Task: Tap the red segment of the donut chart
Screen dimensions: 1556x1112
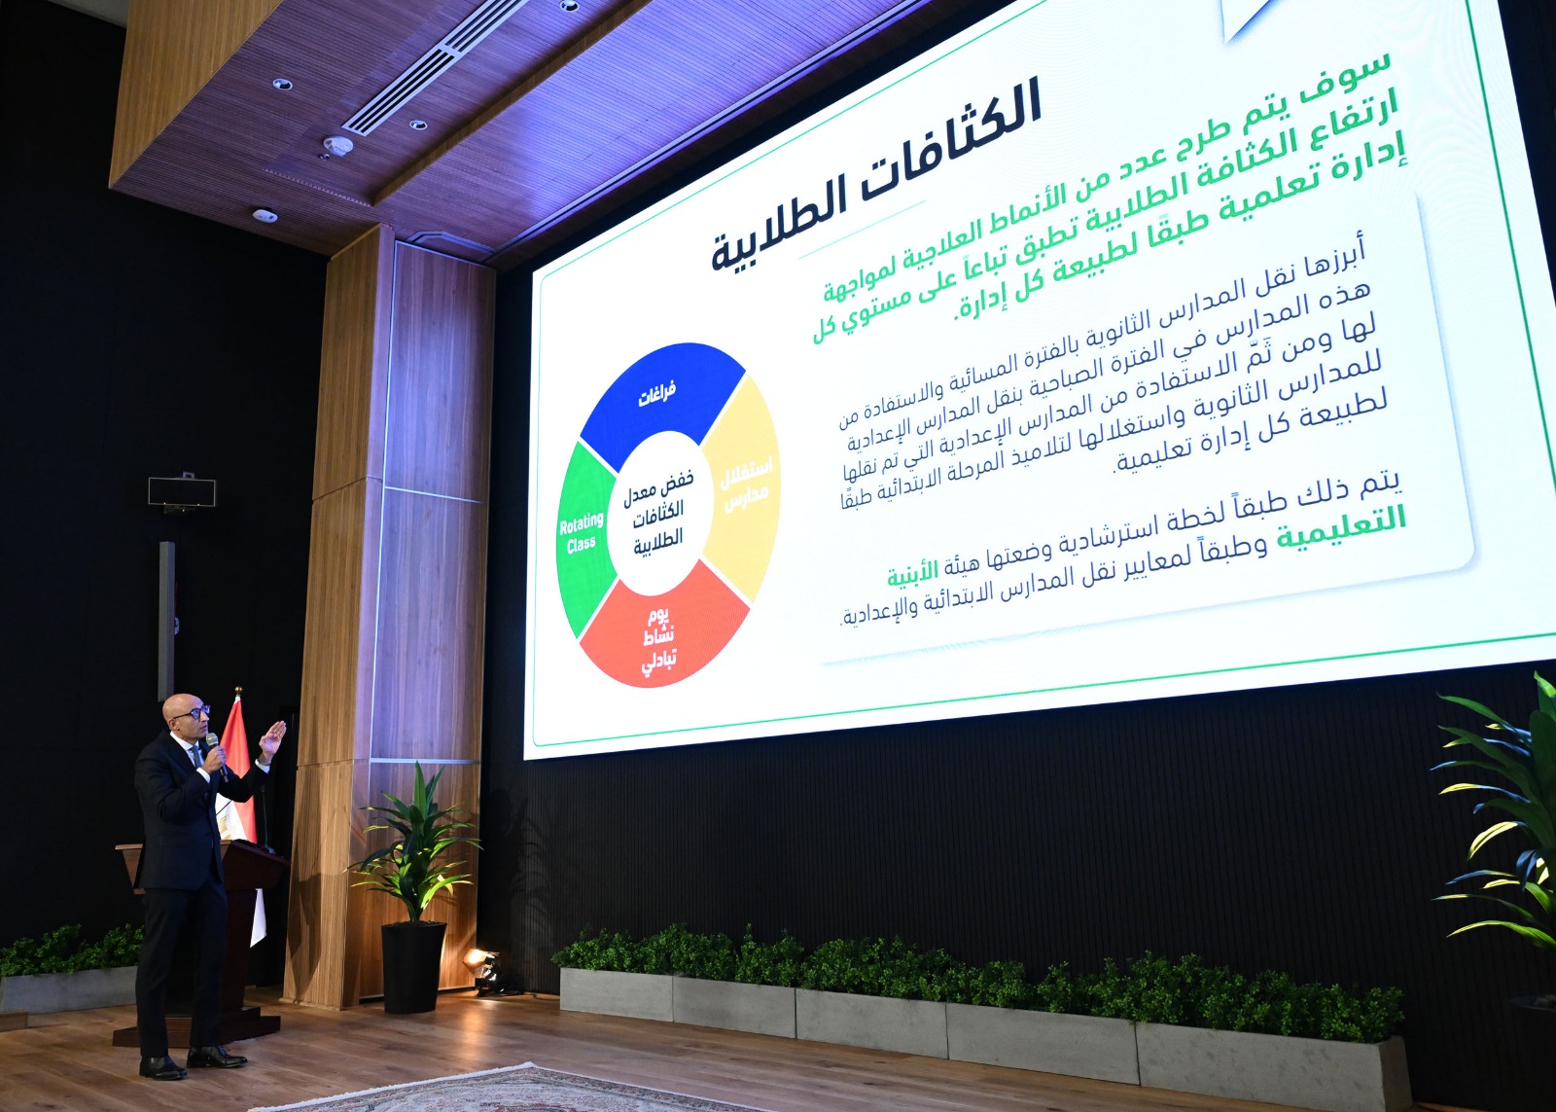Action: point(663,632)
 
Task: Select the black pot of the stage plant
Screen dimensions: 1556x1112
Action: point(413,967)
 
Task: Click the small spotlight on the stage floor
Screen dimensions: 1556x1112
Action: point(482,965)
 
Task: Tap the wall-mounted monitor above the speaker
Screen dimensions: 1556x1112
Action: point(182,491)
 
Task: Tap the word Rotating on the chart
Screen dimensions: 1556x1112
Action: point(582,525)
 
